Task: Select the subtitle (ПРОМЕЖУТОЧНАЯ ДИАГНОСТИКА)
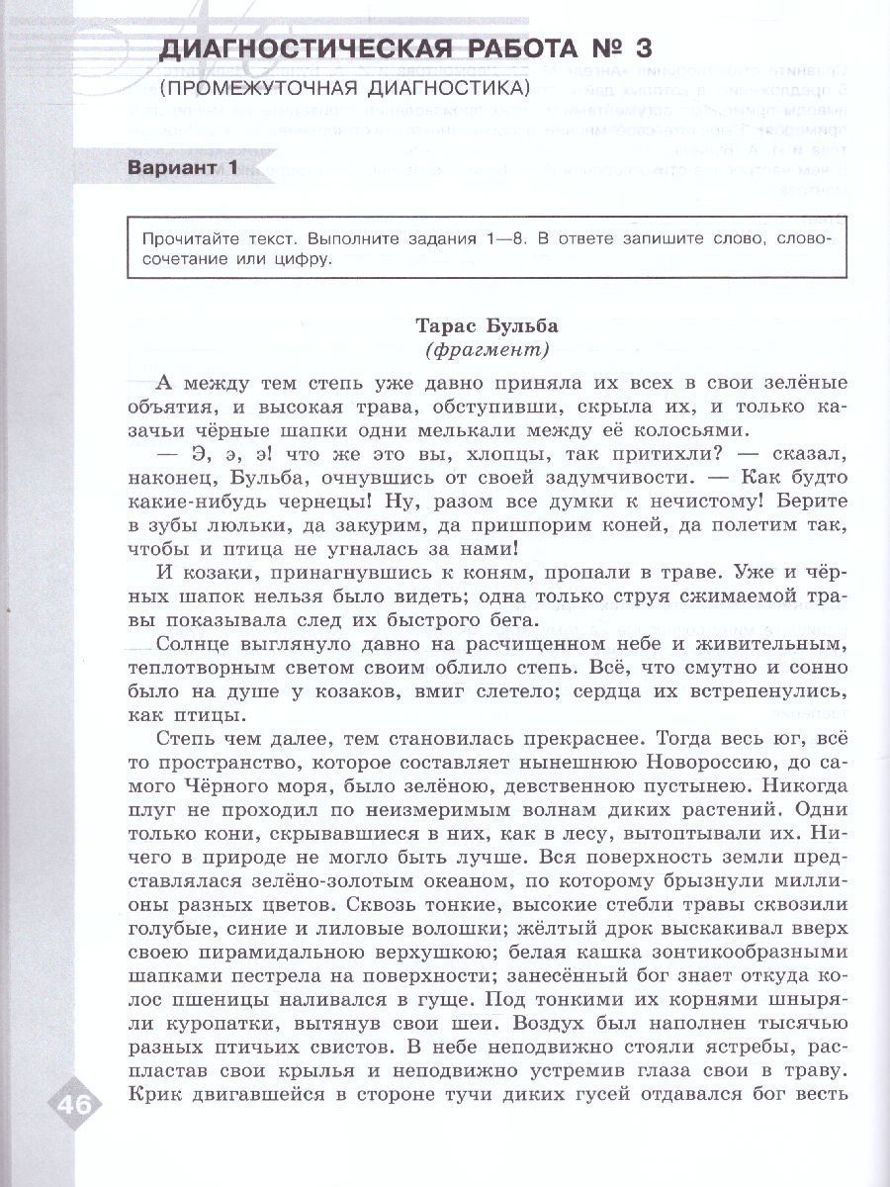(343, 88)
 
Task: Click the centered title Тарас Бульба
(486, 325)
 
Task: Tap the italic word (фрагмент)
(486, 350)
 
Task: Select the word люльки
(240, 525)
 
